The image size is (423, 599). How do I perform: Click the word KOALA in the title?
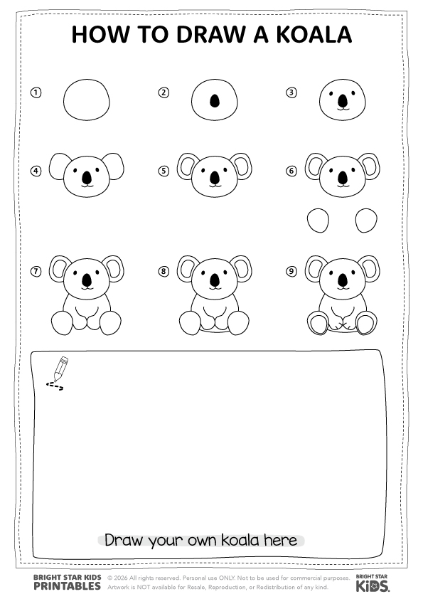click(314, 34)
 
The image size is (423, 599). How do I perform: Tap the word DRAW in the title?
click(210, 34)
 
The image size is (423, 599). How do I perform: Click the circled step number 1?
click(36, 92)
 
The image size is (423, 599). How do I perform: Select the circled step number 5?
click(164, 171)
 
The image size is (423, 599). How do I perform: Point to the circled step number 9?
click(291, 271)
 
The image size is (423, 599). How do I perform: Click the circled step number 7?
click(36, 271)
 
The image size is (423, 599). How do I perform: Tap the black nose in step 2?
click(215, 101)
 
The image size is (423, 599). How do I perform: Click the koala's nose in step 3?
click(343, 101)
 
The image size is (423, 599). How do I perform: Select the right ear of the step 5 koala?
click(243, 166)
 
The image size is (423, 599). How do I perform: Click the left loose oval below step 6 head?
click(318, 221)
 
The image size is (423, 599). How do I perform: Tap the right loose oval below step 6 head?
click(367, 221)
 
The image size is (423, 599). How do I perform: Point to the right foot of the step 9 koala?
click(366, 323)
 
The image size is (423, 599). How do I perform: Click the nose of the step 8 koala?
click(215, 280)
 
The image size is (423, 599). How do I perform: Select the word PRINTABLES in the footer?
click(68, 586)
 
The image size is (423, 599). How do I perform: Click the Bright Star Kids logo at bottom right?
click(373, 583)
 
